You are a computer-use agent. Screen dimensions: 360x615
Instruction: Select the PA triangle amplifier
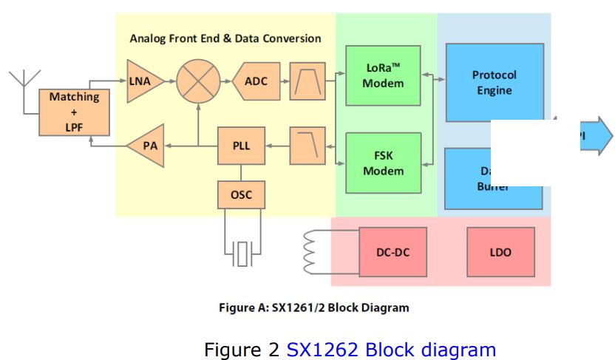pos(147,146)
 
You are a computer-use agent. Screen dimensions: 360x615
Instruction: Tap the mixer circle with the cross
pos(198,81)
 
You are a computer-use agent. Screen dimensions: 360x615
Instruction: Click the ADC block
pos(256,81)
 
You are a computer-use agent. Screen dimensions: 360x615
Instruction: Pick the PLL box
pos(241,146)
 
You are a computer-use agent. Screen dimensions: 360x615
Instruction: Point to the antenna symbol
pos(24,81)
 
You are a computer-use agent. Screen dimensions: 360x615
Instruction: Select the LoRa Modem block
pos(383,75)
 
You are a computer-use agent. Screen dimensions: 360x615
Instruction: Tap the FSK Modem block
pos(383,163)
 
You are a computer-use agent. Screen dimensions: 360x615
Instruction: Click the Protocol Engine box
pos(494,82)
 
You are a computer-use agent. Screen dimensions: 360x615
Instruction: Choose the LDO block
pos(500,252)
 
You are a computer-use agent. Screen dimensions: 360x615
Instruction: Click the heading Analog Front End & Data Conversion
pos(225,38)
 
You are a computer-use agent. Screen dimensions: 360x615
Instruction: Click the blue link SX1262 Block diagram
pos(391,348)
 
